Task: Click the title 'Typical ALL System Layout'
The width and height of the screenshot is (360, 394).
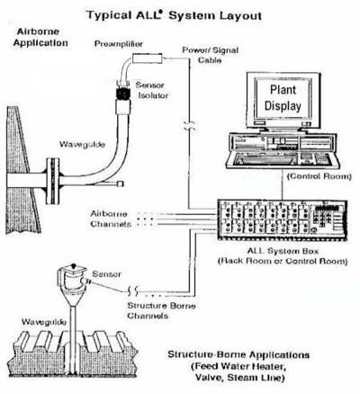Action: pos(174,15)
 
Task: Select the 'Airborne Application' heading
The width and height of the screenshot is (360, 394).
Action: pos(40,37)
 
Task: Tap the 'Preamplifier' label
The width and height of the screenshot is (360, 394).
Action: pos(119,44)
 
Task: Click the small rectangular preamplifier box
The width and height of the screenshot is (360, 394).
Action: pos(148,58)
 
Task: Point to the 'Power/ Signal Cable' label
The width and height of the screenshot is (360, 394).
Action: pos(210,55)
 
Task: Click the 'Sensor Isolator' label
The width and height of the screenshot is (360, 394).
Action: pos(152,90)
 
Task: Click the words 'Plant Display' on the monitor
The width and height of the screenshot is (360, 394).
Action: pos(283,98)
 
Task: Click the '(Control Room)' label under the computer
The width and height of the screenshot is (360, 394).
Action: pos(319,176)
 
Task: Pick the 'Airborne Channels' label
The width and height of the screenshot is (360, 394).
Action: pos(111,219)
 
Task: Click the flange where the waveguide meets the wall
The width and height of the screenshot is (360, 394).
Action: pos(53,181)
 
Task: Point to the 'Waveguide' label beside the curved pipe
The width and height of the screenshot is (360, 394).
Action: pos(82,145)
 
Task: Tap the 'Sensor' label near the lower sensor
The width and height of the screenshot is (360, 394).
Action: pos(106,273)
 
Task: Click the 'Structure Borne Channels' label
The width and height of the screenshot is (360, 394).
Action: pos(161,310)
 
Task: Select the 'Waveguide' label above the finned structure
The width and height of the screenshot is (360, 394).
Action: pos(44,322)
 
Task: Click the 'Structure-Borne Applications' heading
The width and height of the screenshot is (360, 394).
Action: pos(238,354)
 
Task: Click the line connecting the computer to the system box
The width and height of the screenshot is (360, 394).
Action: pos(283,184)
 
